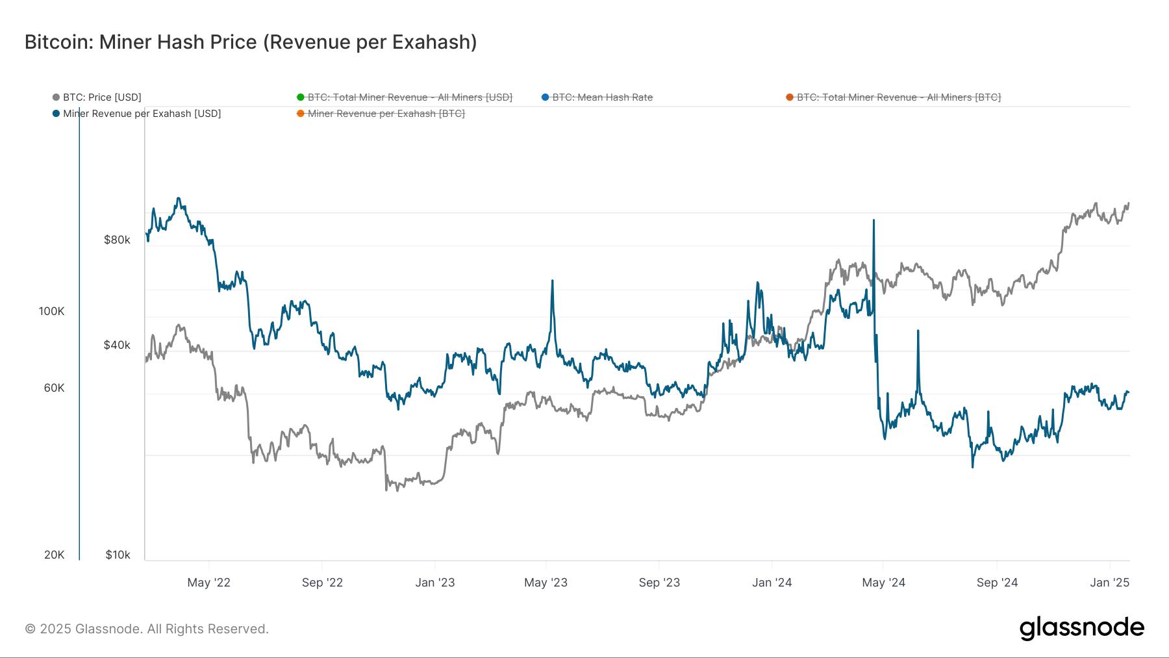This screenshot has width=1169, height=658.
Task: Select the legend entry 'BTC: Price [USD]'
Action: [x=101, y=97]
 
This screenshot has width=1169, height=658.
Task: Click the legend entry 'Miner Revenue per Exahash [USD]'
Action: [x=142, y=114]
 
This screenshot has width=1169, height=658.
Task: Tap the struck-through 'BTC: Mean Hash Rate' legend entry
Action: [x=601, y=97]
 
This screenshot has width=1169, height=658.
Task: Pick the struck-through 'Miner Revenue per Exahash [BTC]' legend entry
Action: [x=386, y=114]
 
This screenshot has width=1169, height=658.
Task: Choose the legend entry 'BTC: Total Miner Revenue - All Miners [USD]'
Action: [x=409, y=97]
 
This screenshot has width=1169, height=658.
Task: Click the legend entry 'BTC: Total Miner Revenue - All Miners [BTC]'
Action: [x=898, y=97]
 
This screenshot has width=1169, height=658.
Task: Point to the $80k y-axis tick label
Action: [x=117, y=240]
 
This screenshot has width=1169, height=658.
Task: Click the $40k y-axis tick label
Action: [x=117, y=345]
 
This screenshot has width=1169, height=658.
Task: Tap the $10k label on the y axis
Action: [x=118, y=555]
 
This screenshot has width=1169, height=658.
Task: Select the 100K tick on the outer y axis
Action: [x=51, y=311]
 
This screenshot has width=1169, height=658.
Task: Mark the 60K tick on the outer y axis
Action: [x=54, y=388]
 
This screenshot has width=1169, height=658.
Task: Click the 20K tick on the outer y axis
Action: [x=54, y=555]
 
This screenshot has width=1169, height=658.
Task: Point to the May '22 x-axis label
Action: [x=208, y=583]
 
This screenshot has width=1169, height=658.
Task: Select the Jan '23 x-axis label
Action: [x=434, y=583]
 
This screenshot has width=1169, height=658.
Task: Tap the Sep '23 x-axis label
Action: [x=659, y=583]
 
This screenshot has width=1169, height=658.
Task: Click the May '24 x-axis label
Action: [x=883, y=583]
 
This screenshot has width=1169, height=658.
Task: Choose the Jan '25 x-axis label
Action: [x=1109, y=583]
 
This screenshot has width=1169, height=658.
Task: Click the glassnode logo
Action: [x=1081, y=629]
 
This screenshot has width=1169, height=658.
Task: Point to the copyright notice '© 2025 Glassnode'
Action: [x=146, y=629]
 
